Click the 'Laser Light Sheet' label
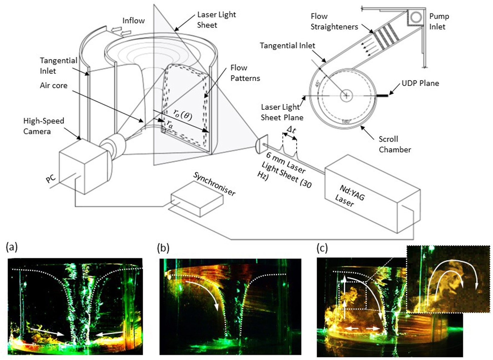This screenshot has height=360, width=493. [x=216, y=20]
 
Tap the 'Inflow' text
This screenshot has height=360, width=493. [x=133, y=21]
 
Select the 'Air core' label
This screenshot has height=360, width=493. [x=54, y=85]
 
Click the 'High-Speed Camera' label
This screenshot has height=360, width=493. [x=44, y=126]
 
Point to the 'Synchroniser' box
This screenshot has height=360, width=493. [x=197, y=199]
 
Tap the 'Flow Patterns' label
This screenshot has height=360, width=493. [x=245, y=73]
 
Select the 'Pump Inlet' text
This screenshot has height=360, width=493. [x=439, y=21]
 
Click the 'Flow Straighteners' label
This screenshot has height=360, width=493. [x=334, y=21]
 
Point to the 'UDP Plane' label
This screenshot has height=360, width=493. [x=420, y=83]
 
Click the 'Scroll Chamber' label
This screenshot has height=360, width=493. [x=395, y=144]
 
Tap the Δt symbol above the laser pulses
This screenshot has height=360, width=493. [x=291, y=130]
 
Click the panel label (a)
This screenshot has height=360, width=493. [x=12, y=247]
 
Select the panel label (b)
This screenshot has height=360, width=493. [x=163, y=248]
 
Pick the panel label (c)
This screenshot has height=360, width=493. [x=322, y=248]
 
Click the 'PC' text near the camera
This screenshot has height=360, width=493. [x=51, y=179]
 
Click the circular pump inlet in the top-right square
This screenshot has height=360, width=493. [x=416, y=17]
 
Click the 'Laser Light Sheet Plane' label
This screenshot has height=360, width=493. [x=281, y=112]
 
